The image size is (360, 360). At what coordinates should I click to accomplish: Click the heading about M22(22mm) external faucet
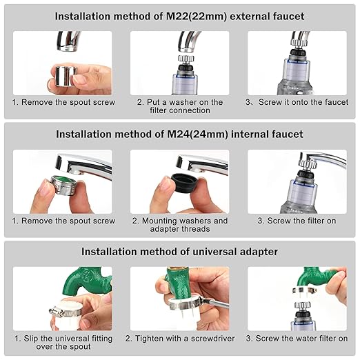tap(179, 15)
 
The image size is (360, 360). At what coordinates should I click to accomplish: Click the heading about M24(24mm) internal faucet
tap(179, 134)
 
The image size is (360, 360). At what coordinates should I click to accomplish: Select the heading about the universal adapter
tap(179, 252)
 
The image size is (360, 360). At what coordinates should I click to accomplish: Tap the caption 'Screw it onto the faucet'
tap(297, 102)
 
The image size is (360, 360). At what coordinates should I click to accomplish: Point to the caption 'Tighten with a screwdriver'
tap(180, 339)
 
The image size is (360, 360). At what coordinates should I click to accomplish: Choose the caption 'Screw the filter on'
tap(297, 221)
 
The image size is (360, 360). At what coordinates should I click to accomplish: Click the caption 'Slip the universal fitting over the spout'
tap(62, 343)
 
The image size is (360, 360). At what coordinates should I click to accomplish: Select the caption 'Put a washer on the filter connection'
tap(179, 106)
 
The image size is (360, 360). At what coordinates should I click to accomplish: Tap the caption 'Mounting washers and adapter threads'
tap(179, 225)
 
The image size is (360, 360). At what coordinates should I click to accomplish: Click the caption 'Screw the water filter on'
tap(297, 339)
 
